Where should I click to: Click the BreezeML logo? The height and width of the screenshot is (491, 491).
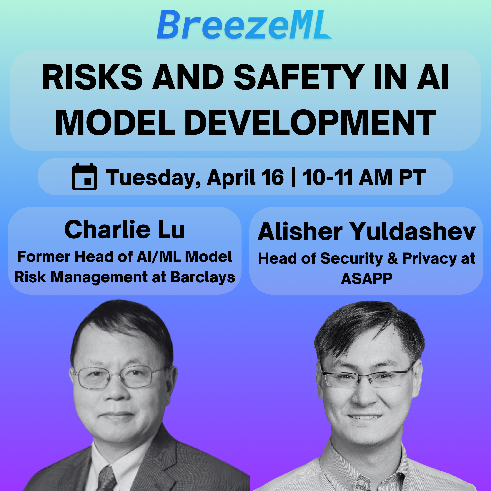pos(244,25)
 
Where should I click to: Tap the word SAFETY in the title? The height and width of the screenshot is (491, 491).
pos(299,77)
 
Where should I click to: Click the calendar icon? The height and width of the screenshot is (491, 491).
pos(84,177)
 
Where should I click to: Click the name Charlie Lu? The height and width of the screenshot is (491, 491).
pos(125,230)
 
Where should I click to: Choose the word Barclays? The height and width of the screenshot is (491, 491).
pos(203,277)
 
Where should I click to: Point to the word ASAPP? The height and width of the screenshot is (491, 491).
pos(366,279)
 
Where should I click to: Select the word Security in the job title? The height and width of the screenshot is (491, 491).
pos(351,259)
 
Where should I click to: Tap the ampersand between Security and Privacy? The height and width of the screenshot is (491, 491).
pos(392,258)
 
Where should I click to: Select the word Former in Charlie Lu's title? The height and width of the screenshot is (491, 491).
pos(44,257)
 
